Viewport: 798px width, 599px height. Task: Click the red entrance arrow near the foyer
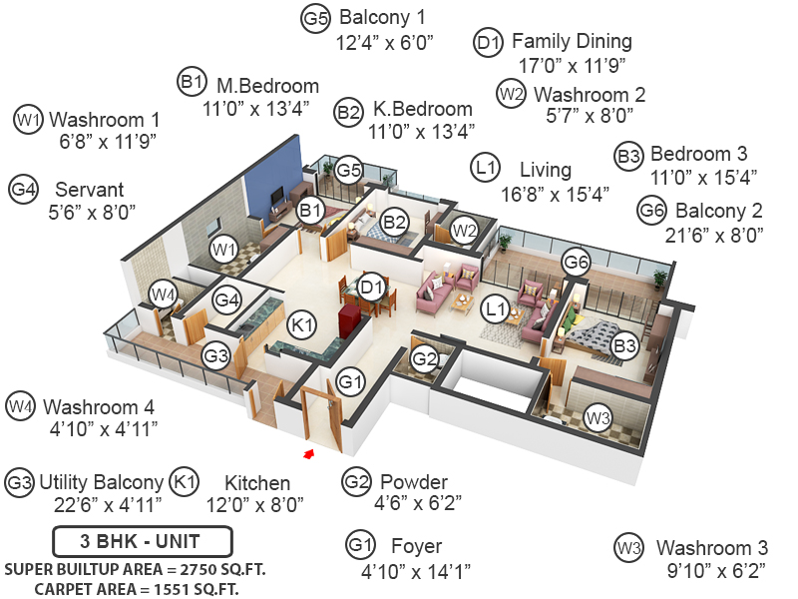click(x=308, y=454)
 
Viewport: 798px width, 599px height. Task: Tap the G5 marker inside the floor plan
click(x=348, y=170)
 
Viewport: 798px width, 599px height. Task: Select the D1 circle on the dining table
click(x=372, y=289)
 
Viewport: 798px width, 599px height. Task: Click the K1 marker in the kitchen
click(x=302, y=324)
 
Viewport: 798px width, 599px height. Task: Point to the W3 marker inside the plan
click(x=597, y=417)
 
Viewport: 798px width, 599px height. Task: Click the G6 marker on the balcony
click(x=576, y=263)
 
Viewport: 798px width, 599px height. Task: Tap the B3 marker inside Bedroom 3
click(x=624, y=346)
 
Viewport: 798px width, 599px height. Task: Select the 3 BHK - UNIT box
click(x=142, y=542)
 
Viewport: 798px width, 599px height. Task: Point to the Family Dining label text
click(x=572, y=42)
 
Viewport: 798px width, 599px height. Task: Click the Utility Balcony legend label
click(x=101, y=482)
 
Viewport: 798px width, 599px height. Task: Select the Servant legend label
click(x=90, y=189)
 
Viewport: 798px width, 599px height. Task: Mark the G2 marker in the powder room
click(x=425, y=357)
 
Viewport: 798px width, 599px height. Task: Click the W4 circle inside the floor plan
click(x=164, y=293)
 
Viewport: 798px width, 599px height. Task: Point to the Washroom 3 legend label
click(x=711, y=548)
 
